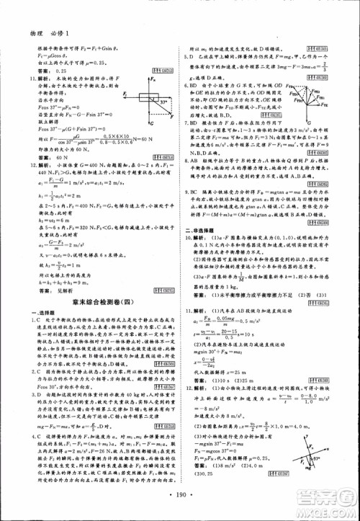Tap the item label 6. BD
point(190,85)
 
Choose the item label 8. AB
point(190,161)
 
